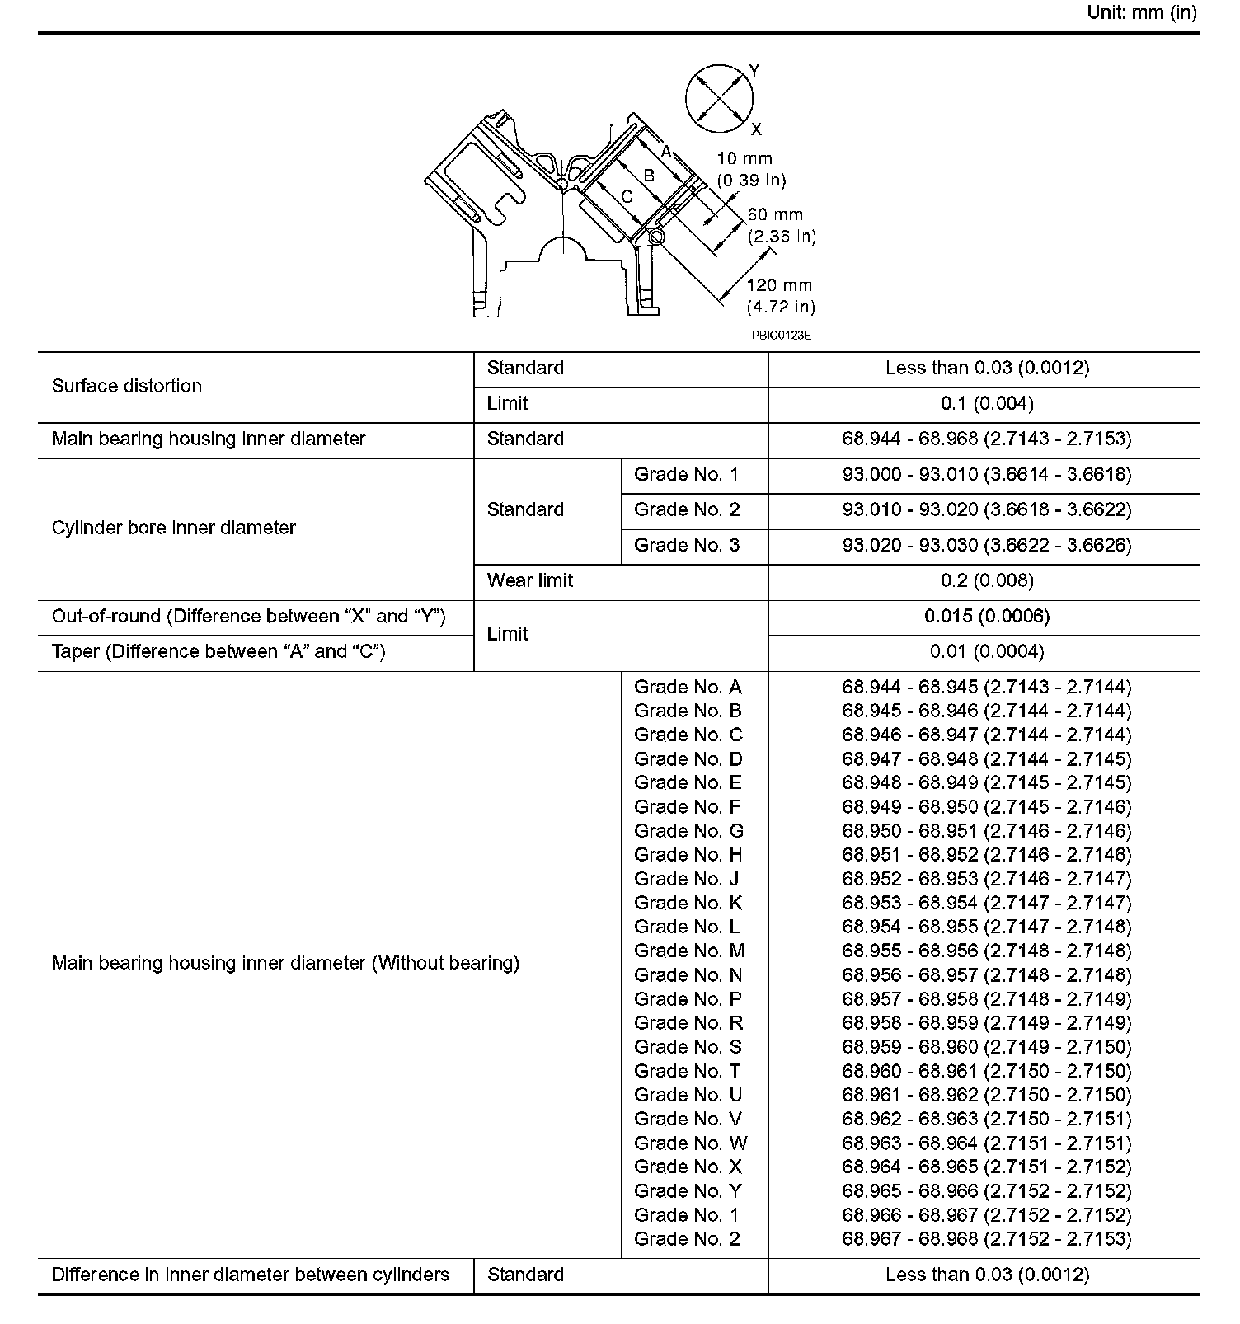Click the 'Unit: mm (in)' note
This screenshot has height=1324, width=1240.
click(1141, 12)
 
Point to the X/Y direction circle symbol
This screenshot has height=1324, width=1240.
click(720, 99)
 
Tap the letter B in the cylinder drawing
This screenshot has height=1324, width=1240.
click(649, 176)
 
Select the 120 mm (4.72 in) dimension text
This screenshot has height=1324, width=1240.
click(780, 296)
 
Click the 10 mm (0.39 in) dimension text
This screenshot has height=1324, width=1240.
click(750, 169)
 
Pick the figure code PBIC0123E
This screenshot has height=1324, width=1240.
click(781, 336)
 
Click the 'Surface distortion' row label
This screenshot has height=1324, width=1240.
click(127, 386)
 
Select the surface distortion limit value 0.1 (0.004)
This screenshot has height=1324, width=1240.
click(987, 404)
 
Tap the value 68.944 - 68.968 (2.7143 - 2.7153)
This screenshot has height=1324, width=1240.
click(987, 439)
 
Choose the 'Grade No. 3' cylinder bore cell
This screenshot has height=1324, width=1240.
click(687, 545)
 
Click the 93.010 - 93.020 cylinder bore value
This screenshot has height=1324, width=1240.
click(987, 509)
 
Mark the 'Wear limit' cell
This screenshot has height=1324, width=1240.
click(530, 580)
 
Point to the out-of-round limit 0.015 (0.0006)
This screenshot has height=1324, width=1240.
click(987, 617)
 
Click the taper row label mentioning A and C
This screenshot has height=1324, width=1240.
click(218, 651)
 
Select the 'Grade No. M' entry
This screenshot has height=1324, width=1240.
click(689, 951)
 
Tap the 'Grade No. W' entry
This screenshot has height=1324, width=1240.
click(690, 1143)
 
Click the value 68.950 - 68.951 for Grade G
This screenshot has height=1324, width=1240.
click(987, 831)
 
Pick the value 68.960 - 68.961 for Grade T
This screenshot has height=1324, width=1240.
click(987, 1071)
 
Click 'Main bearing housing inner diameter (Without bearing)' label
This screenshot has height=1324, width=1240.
click(285, 963)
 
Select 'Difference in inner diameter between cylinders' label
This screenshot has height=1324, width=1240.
click(251, 1275)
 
